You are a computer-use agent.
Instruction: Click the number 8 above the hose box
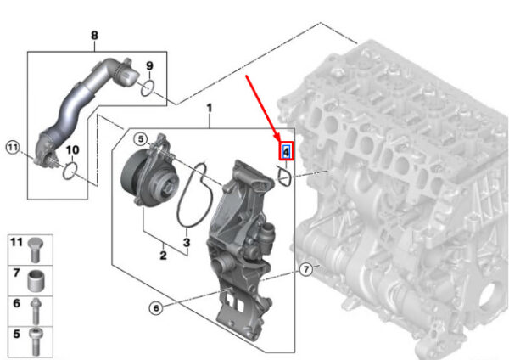(x=94, y=35)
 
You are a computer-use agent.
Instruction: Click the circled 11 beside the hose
(x=13, y=148)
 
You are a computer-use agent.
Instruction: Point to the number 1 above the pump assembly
(x=210, y=108)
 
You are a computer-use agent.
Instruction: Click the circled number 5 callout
(x=141, y=139)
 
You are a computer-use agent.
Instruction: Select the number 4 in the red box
(x=287, y=151)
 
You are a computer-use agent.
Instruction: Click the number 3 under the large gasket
(x=187, y=242)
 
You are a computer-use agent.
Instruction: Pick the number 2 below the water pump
(x=163, y=256)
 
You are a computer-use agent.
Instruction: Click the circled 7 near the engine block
(x=305, y=269)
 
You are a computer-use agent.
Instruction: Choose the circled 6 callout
(x=156, y=307)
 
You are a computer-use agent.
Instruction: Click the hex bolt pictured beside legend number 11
(x=35, y=250)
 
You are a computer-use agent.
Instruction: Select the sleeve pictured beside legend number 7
(x=35, y=281)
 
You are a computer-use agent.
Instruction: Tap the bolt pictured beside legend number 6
(x=36, y=312)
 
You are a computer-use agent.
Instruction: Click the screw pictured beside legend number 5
(x=36, y=342)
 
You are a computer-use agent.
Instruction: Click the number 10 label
(x=72, y=149)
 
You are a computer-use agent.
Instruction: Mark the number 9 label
(x=149, y=66)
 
